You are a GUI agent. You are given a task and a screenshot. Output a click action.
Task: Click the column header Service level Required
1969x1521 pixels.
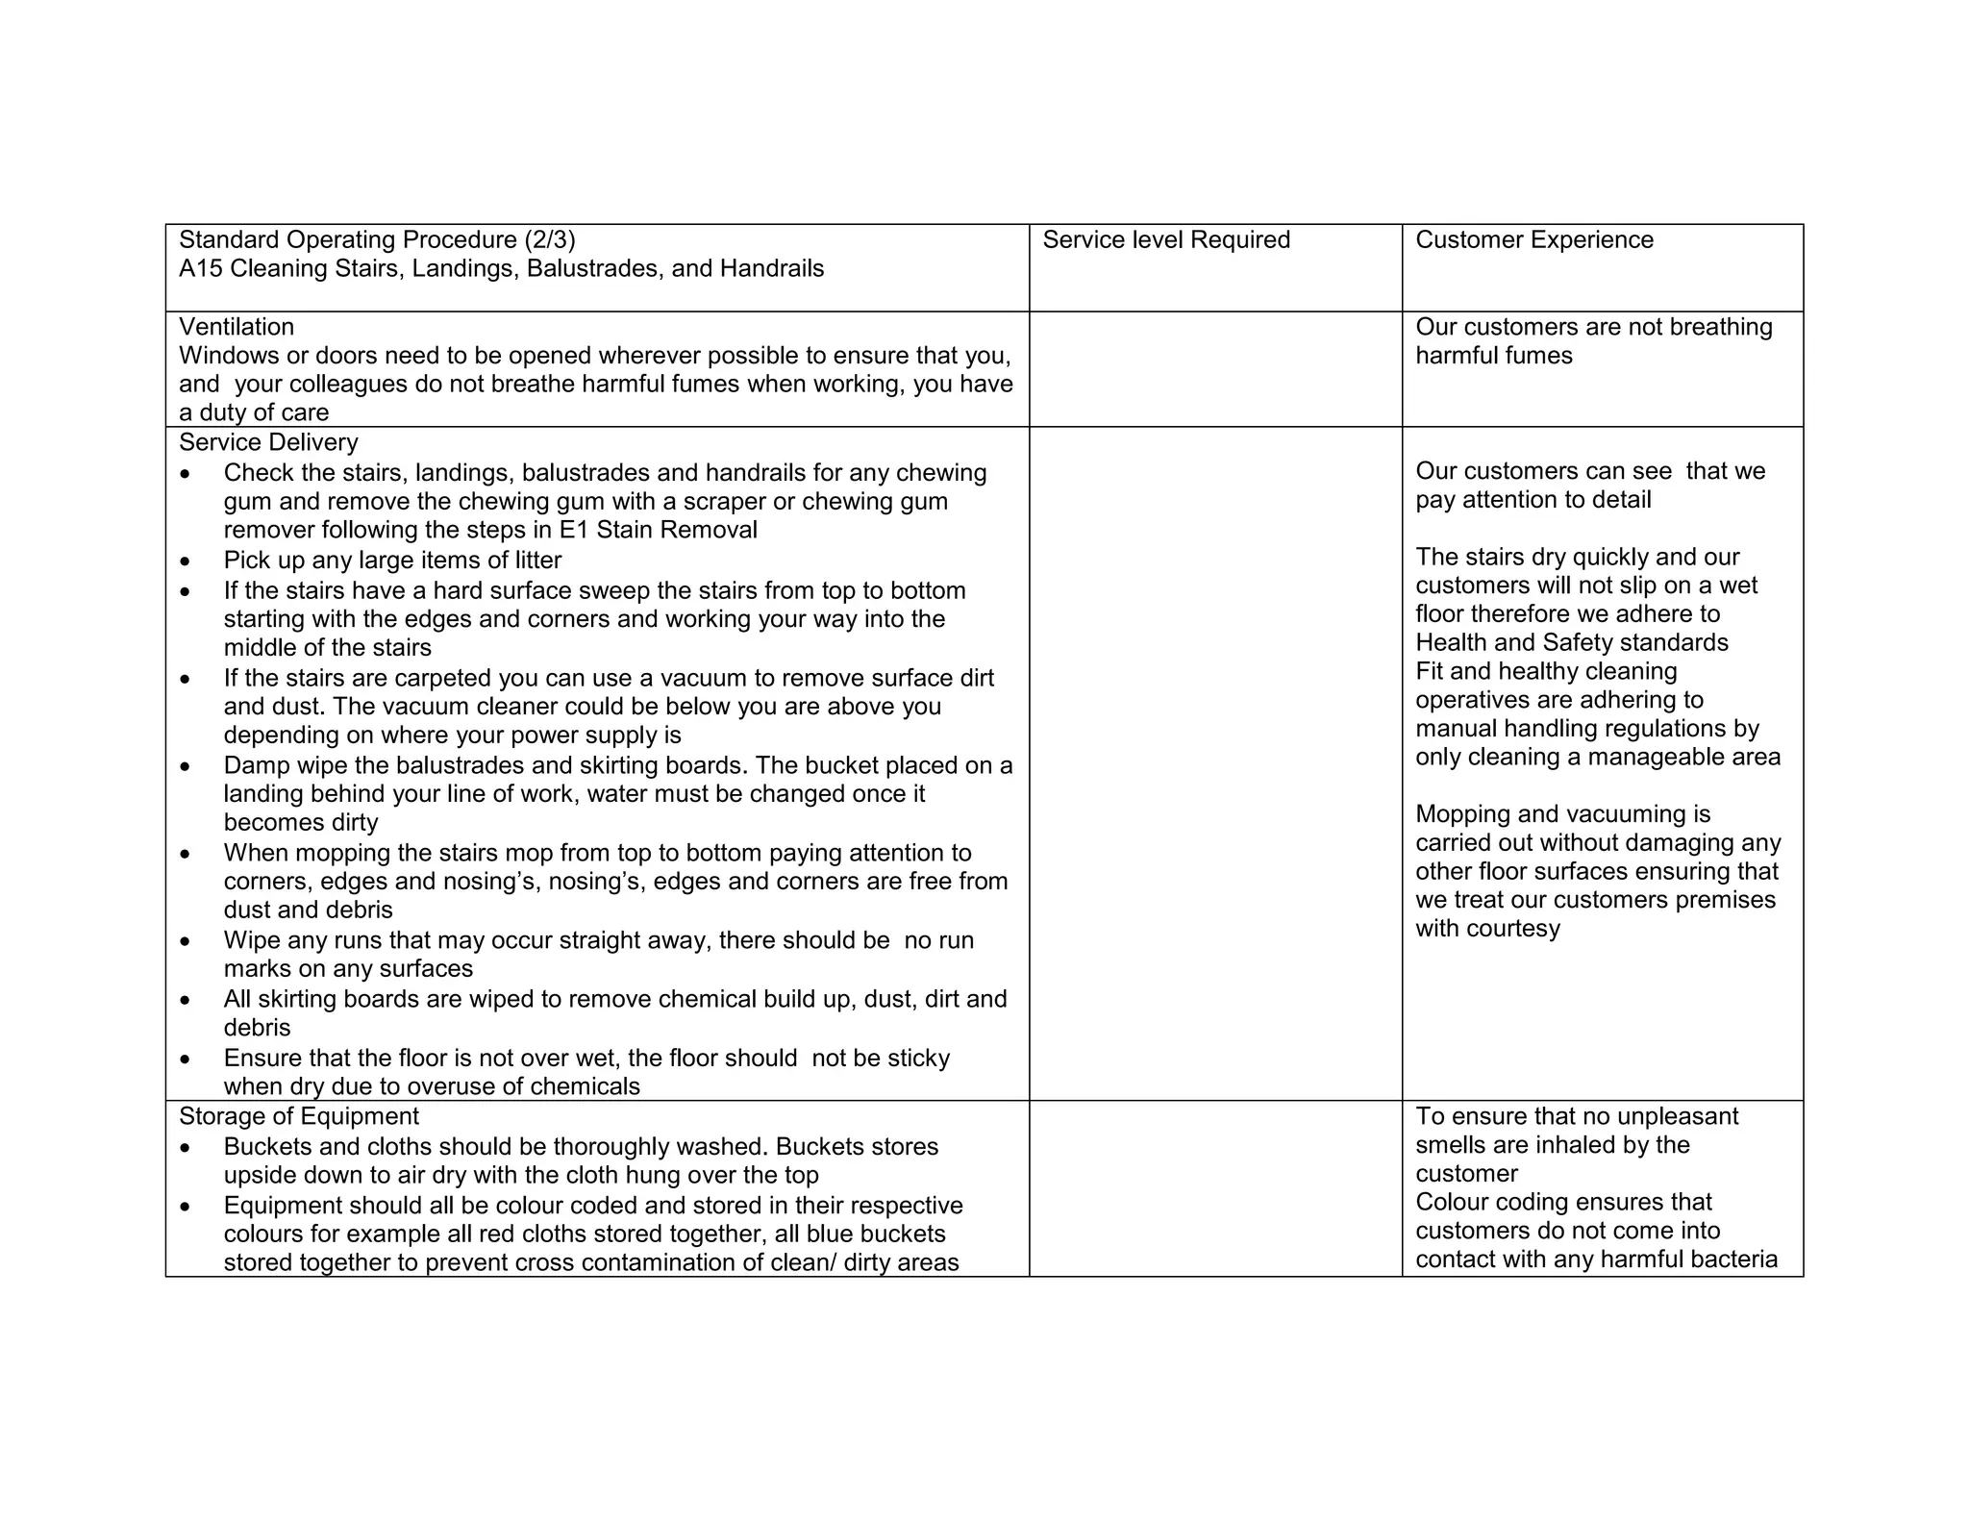pos(1165,240)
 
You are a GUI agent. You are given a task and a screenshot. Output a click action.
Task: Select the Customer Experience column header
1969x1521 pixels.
pos(1533,240)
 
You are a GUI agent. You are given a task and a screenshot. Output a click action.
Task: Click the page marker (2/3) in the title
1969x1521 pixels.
pos(550,240)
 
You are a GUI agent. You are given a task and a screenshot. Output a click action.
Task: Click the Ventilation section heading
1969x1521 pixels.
pos(237,327)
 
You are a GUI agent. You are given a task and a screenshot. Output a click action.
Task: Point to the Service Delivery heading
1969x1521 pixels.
pos(268,442)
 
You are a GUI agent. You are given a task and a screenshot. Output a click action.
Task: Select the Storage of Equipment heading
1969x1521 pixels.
pos(299,1116)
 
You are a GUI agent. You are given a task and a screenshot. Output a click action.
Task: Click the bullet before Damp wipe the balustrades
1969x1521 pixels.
pos(186,767)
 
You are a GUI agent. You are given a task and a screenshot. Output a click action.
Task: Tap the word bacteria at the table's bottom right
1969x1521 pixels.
pos(1736,1259)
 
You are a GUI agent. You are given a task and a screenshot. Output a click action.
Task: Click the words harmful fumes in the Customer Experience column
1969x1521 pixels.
pos(1493,356)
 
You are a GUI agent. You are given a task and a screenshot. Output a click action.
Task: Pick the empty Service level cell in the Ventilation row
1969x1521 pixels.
pos(1215,369)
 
